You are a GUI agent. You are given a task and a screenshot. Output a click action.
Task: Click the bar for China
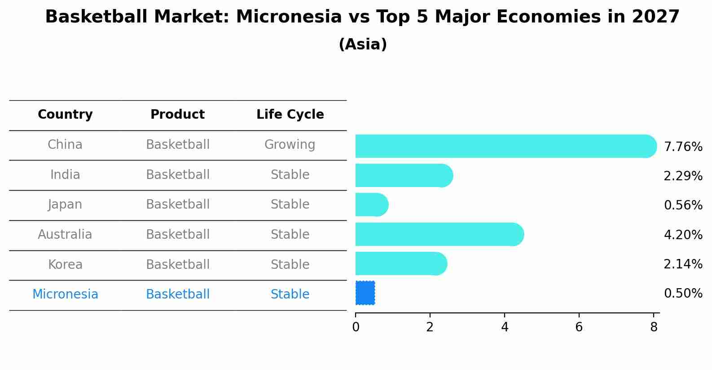tap(506, 146)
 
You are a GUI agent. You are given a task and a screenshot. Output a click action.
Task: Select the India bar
tap(404, 175)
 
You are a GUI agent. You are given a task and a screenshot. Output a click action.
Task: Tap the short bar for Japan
tap(372, 205)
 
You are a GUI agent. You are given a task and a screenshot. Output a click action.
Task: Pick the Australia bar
tap(440, 234)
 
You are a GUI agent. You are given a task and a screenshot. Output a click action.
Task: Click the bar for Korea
tap(401, 263)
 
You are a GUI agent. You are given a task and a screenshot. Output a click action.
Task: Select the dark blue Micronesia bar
tap(365, 293)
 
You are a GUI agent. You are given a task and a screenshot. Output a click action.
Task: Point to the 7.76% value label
tap(683, 147)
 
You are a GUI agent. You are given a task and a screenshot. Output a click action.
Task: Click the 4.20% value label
tap(683, 235)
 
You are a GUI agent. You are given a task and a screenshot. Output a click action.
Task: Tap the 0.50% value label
tap(683, 293)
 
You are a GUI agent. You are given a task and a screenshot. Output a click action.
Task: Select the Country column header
tap(65, 114)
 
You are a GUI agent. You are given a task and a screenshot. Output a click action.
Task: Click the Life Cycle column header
tap(290, 114)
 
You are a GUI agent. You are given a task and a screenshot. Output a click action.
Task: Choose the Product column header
tap(178, 114)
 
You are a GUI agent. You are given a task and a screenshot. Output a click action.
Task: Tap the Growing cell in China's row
tap(290, 145)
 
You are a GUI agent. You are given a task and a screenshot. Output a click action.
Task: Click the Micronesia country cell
tap(65, 294)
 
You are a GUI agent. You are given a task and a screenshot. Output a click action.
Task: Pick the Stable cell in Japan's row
tap(290, 205)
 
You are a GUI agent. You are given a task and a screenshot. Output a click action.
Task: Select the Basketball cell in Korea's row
tap(178, 264)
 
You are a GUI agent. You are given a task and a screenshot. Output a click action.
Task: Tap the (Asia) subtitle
tap(363, 44)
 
